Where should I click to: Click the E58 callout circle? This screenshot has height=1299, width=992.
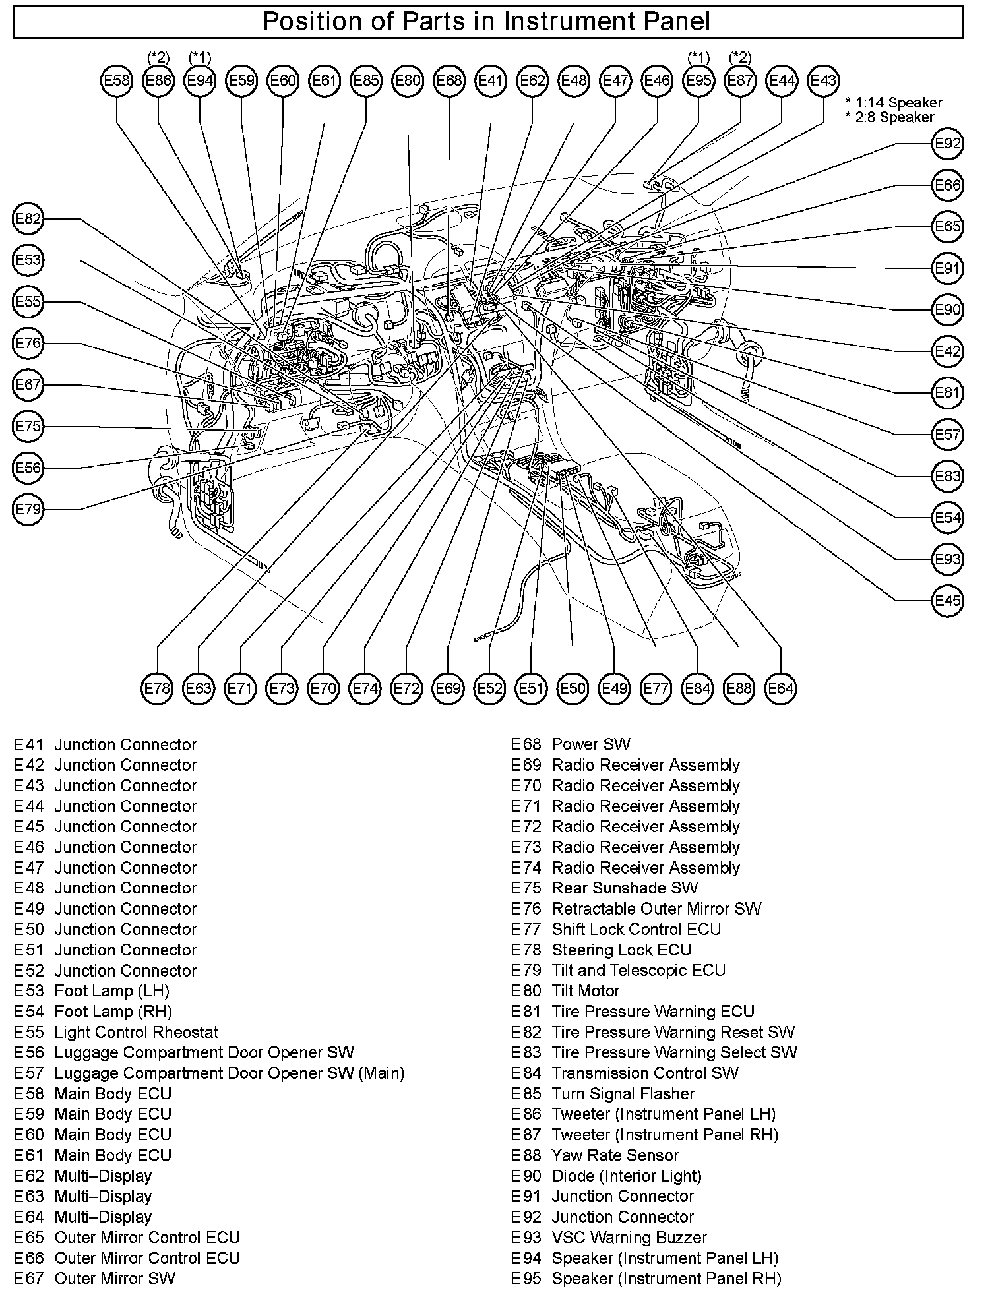click(117, 81)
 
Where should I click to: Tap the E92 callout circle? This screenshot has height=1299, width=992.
click(948, 144)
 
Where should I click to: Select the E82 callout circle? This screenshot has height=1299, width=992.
click(28, 219)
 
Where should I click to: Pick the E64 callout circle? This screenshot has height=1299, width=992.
click(780, 689)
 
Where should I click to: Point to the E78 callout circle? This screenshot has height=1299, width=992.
click(157, 689)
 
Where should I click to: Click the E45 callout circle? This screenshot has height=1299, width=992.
click(948, 601)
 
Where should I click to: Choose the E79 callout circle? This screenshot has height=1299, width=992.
click(28, 509)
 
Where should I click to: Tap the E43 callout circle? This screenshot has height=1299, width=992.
click(823, 81)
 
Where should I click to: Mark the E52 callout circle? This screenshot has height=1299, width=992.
click(489, 689)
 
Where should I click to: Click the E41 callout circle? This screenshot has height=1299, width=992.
click(491, 81)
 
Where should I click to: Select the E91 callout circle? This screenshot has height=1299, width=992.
click(948, 268)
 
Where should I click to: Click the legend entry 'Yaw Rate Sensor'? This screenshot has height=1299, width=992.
click(615, 1155)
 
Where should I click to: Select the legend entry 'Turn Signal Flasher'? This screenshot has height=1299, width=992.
click(623, 1094)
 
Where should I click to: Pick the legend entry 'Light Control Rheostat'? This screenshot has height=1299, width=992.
click(136, 1033)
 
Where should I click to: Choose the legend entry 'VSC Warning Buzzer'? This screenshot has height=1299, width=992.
click(629, 1238)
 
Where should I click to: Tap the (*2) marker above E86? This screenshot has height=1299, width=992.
click(158, 58)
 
